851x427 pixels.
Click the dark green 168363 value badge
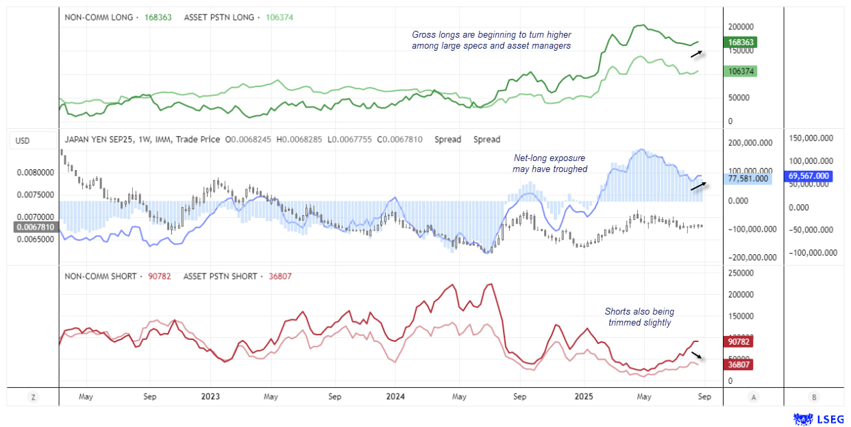point(742,42)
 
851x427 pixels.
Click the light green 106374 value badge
point(742,71)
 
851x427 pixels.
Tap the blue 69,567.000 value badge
point(809,176)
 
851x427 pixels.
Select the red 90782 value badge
point(739,341)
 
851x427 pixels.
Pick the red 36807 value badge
point(739,365)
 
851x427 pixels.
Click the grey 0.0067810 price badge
point(32,227)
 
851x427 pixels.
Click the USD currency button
point(23,141)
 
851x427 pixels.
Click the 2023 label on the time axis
point(210,397)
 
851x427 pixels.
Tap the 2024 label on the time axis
point(395,397)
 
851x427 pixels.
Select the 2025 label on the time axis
point(584,397)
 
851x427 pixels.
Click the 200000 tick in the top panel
point(740,26)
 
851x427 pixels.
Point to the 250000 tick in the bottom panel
point(740,273)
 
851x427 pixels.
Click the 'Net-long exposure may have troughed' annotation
point(550,163)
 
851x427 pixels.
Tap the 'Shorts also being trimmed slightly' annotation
point(638,317)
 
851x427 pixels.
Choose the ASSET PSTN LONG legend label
point(219,17)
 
